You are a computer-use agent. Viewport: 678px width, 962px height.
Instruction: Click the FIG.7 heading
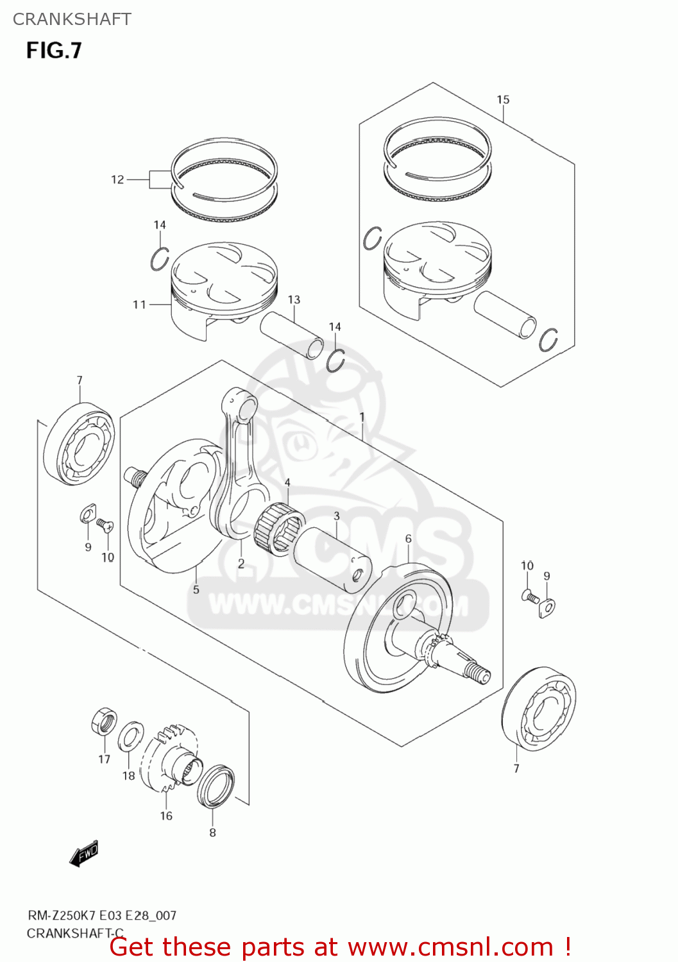(54, 50)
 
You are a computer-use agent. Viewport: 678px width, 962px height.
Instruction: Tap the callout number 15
(503, 99)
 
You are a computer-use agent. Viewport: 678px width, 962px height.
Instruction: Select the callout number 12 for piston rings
(117, 180)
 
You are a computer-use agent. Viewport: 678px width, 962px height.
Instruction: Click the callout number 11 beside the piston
(139, 305)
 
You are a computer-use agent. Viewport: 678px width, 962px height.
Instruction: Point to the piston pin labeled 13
(292, 336)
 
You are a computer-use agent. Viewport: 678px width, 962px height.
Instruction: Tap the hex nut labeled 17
(104, 722)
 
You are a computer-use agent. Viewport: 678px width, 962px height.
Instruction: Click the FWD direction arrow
(84, 854)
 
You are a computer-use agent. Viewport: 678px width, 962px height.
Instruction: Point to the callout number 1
(362, 418)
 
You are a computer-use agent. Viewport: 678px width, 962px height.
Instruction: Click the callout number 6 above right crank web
(408, 539)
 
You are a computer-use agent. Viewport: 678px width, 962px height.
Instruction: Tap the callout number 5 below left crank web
(196, 589)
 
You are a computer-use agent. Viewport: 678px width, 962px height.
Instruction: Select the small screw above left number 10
(105, 526)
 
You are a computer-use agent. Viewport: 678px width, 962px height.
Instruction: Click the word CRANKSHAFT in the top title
(72, 19)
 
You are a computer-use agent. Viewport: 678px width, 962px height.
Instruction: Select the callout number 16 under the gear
(166, 816)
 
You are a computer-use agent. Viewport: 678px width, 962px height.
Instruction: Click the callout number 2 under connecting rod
(241, 564)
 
